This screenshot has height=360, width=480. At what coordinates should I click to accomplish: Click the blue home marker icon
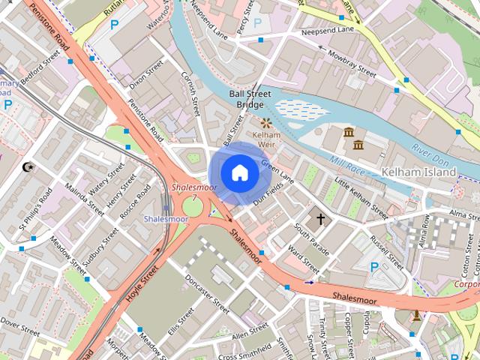point(239,172)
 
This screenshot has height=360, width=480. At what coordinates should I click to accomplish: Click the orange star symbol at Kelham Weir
point(265,121)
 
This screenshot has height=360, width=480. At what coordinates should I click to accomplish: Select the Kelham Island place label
point(418,172)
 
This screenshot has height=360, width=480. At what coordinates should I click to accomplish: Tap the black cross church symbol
point(321,219)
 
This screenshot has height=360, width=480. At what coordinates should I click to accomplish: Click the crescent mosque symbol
point(29,166)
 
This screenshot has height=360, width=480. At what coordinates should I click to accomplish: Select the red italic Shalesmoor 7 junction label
point(184,191)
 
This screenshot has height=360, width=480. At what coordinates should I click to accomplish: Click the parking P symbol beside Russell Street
point(375,266)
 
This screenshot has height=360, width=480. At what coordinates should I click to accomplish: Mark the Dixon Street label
point(145,78)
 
